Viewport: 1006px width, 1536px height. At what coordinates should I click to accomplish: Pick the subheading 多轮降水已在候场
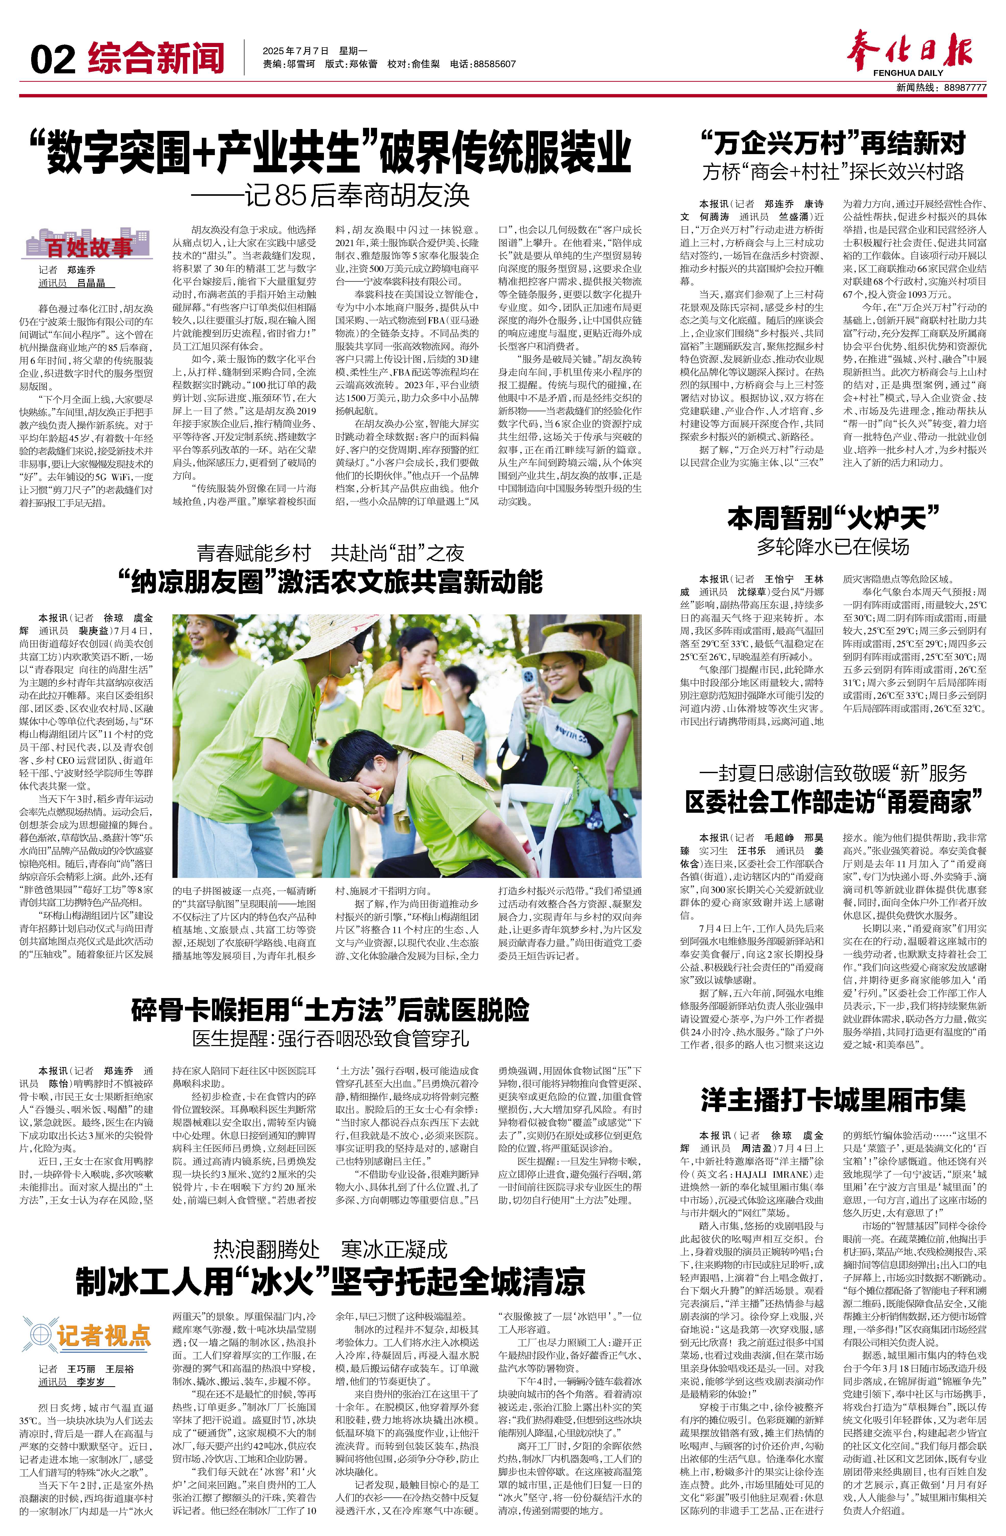click(x=833, y=547)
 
